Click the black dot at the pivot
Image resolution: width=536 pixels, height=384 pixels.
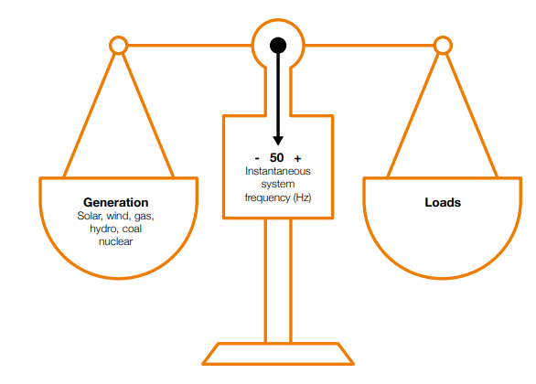click(278, 45)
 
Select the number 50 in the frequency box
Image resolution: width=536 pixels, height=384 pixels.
click(277, 158)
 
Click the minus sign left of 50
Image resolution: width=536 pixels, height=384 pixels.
click(257, 158)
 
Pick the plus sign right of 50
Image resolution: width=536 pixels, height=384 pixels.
click(298, 158)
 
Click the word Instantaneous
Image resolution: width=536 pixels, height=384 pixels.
click(278, 171)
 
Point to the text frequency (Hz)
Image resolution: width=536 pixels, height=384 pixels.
click(278, 197)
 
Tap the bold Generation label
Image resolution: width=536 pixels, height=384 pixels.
click(115, 202)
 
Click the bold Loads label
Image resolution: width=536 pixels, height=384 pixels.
click(443, 202)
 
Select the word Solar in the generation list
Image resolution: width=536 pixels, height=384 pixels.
click(91, 216)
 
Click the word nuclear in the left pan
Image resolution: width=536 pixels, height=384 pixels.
click(116, 241)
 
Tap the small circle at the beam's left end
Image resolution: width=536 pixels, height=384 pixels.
click(118, 45)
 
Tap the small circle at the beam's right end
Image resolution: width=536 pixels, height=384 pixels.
click(443, 45)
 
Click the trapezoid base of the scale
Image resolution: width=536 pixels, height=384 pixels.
click(278, 353)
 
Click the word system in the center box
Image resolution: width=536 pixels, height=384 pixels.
click(278, 184)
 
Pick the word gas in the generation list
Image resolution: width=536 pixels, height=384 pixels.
click(145, 216)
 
